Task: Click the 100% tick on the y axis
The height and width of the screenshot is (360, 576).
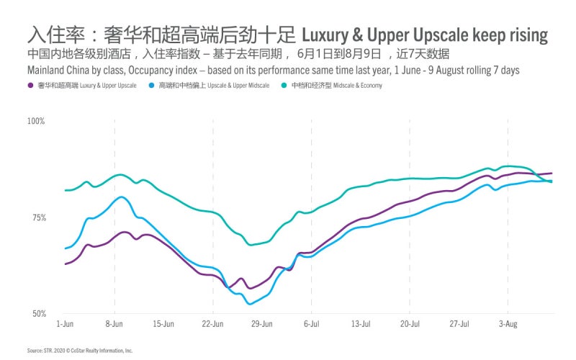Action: tap(36, 121)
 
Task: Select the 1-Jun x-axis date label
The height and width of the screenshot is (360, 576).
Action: tap(66, 324)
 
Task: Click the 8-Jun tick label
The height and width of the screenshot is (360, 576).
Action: tap(114, 324)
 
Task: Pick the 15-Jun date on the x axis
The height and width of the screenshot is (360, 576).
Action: tap(163, 324)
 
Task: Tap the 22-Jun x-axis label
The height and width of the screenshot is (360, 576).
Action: tap(213, 324)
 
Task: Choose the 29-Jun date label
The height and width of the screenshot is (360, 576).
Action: tap(262, 324)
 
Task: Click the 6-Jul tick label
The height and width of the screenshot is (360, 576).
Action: tap(311, 324)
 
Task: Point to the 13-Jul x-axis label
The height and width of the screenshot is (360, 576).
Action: tap(360, 324)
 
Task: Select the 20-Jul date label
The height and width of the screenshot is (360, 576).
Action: tap(409, 324)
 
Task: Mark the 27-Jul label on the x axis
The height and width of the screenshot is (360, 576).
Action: tap(459, 324)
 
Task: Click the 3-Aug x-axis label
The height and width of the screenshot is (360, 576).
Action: tap(508, 324)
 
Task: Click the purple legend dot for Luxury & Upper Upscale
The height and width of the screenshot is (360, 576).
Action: tap(31, 86)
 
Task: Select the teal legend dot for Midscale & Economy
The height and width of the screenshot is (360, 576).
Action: tap(285, 86)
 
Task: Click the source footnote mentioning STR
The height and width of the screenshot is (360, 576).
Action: tap(80, 351)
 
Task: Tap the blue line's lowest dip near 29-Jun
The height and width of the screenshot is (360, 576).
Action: tap(251, 304)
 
